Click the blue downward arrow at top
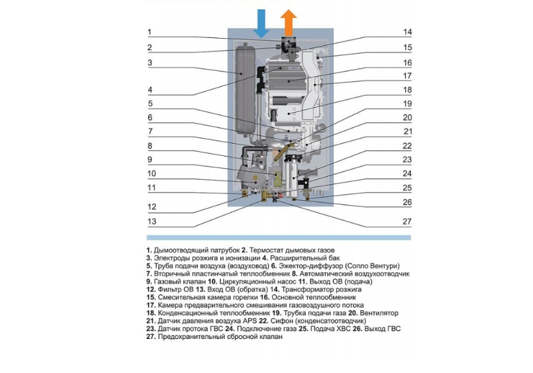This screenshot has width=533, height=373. point(260,23)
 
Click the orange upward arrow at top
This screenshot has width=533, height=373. point(289,22)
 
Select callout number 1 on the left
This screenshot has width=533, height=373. point(149,32)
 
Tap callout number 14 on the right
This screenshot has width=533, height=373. point(407,32)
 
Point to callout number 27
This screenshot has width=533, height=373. point(407,221)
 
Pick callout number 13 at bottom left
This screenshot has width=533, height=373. point(151,221)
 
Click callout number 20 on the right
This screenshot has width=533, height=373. point(407,117)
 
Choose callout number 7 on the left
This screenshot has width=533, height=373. point(150,132)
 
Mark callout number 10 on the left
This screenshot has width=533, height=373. point(151,174)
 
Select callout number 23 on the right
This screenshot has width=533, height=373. point(407,160)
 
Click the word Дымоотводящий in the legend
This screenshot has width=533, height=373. point(180,251)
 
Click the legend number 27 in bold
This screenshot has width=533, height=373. point(150,337)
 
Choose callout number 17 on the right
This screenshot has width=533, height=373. point(407,76)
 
